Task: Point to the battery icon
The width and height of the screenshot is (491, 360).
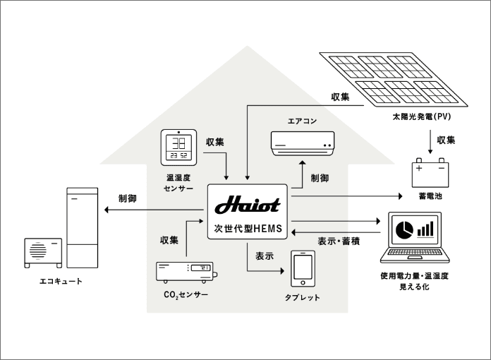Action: pyautogui.click(x=431, y=173)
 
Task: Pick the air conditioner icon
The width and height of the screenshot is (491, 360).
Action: pyautogui.click(x=302, y=142)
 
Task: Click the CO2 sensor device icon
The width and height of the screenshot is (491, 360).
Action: pyautogui.click(x=186, y=272)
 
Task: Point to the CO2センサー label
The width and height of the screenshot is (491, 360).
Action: pyautogui.click(x=186, y=294)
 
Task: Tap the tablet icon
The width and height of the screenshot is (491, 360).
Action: pyautogui.click(x=303, y=270)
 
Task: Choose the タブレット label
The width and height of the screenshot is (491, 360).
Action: pyautogui.click(x=303, y=297)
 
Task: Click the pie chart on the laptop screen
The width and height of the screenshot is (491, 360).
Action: pyautogui.click(x=404, y=229)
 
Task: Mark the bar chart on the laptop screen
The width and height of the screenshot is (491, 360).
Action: pyautogui.click(x=425, y=229)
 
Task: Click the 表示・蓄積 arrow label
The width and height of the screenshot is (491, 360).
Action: pyautogui.click(x=339, y=241)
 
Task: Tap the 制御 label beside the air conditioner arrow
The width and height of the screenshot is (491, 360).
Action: pyautogui.click(x=320, y=178)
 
